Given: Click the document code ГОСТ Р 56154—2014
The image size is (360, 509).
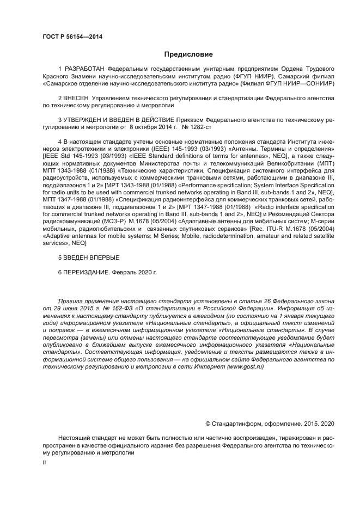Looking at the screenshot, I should pos(72,36).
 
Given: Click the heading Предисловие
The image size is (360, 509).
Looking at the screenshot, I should pos(188,54).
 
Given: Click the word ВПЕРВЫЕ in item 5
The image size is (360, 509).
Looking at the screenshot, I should pos(101,257).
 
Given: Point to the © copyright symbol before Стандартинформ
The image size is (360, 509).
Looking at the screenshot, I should pos(208,424).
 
